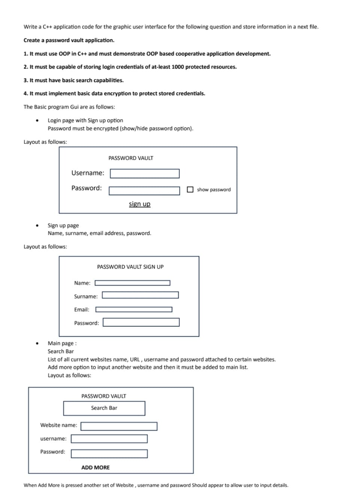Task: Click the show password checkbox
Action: tap(190, 190)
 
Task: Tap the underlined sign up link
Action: tap(139, 204)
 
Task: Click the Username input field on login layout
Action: tap(145, 174)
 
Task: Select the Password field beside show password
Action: tap(144, 191)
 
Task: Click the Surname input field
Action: tap(140, 295)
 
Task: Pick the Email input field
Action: tap(134, 310)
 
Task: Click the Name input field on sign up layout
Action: tap(132, 283)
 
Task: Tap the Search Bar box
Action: tap(104, 408)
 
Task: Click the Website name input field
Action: tap(119, 426)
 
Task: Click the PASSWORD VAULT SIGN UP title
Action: tap(130, 267)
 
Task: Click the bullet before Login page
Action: tap(37, 121)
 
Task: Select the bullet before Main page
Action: tap(37, 343)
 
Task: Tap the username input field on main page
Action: tap(109, 439)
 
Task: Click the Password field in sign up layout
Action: tap(141, 322)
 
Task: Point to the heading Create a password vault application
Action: tap(69, 40)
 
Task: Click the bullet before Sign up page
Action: tap(37, 225)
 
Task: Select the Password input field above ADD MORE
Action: tap(109, 454)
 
